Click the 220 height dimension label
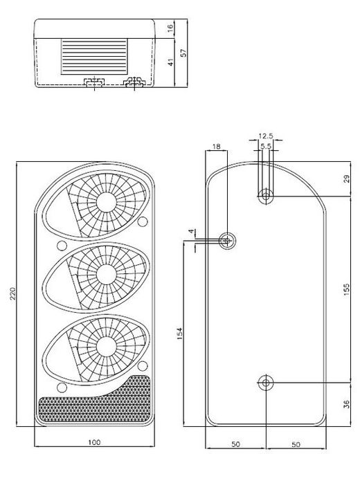pyautogui.click(x=12, y=294)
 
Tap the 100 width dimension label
pyautogui.click(x=94, y=442)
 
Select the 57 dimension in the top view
pyautogui.click(x=183, y=53)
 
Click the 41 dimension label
pyautogui.click(x=170, y=62)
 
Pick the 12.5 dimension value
pyautogui.click(x=265, y=136)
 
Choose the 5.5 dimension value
pyautogui.click(x=265, y=146)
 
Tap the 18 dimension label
pyautogui.click(x=217, y=146)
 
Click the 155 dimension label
pyautogui.click(x=347, y=289)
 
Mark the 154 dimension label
pyautogui.click(x=180, y=334)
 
